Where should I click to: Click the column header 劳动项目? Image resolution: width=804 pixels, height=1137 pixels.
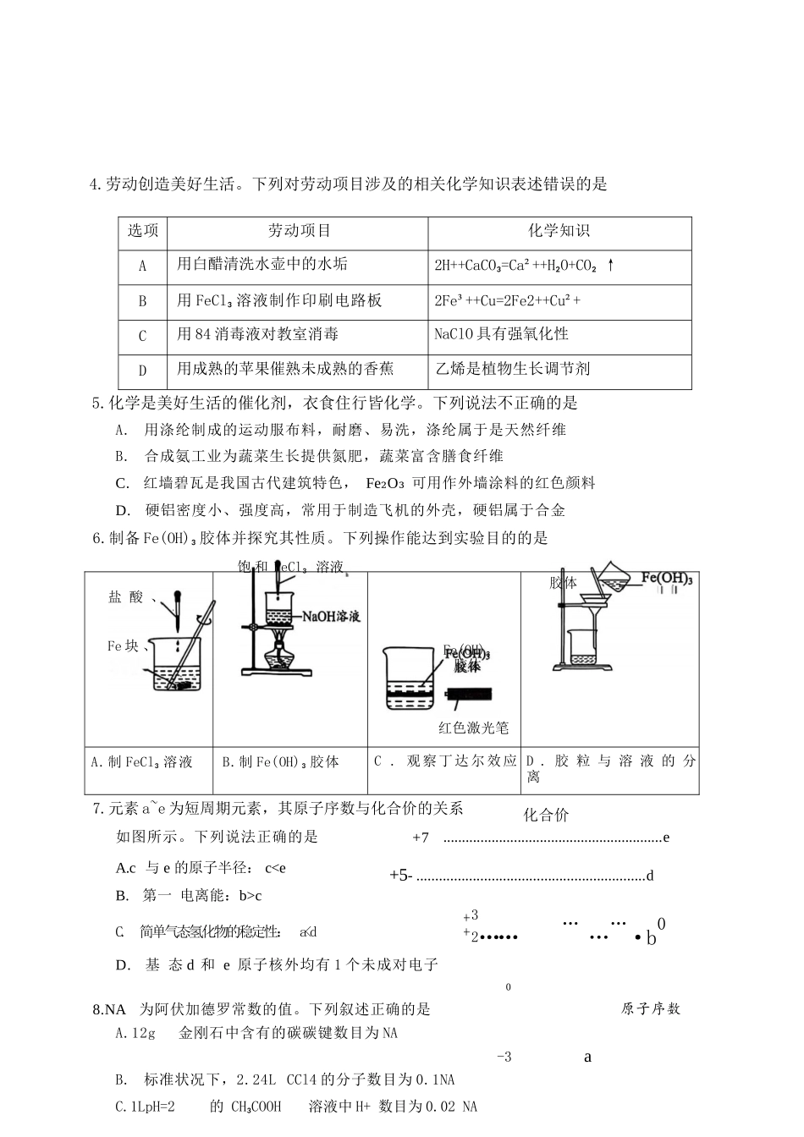299,231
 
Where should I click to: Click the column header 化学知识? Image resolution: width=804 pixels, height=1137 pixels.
559,231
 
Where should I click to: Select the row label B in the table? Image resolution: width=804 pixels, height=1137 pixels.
142,301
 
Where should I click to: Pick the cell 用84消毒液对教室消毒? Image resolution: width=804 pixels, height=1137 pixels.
257,335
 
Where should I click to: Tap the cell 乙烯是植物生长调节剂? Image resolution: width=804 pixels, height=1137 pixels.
512,369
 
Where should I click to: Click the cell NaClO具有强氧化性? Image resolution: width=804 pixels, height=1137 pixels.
501,335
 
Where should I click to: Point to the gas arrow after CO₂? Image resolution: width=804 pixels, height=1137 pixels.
610,266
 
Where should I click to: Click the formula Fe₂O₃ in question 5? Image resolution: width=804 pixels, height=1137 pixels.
385,484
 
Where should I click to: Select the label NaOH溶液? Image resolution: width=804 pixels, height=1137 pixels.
331,617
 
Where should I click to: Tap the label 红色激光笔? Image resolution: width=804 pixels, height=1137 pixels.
473,728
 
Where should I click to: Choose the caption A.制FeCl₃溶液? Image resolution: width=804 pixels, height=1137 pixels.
141,762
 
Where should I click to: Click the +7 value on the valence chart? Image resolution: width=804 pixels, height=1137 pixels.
421,838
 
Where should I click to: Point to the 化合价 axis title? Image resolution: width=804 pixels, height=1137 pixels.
546,816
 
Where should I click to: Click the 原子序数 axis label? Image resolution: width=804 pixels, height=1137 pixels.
650,1008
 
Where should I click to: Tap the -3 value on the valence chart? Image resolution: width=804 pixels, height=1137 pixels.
504,1057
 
